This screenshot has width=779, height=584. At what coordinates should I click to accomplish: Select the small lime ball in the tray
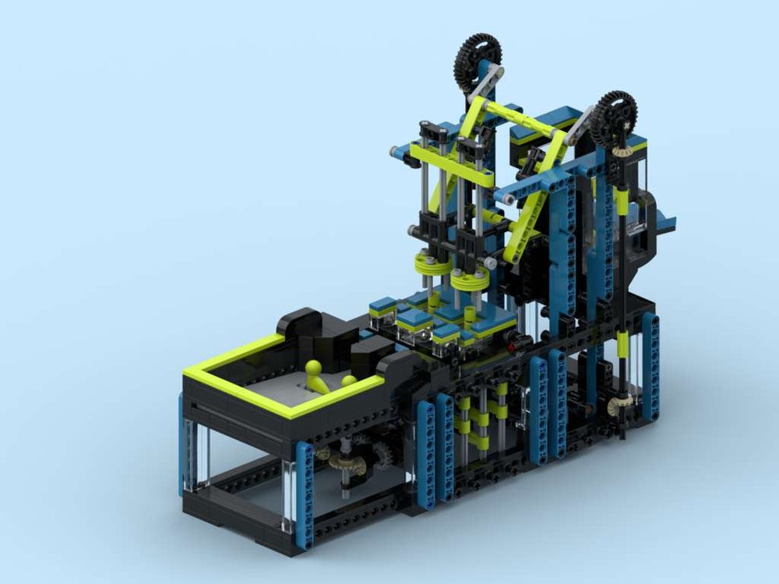pos(348,382)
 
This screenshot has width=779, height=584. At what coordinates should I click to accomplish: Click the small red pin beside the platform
pos(512,340)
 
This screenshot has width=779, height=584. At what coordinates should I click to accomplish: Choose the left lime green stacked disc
pos(429,266)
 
